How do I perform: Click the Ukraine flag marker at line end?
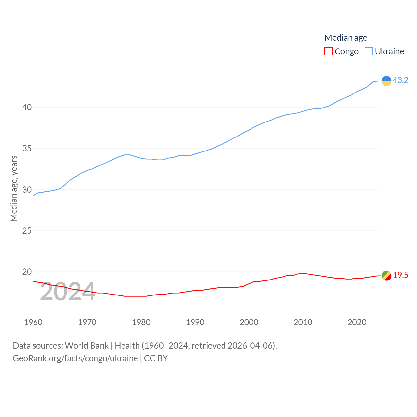(386, 81)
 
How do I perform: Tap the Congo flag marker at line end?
(386, 276)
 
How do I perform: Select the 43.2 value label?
(400, 80)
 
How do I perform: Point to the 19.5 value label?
(400, 275)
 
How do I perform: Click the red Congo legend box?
(329, 51)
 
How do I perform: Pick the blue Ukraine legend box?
(368, 51)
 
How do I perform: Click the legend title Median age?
(346, 38)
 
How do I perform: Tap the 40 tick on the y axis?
(27, 108)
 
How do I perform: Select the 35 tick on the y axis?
(27, 149)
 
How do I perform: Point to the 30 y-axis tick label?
(27, 190)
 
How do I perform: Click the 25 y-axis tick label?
(27, 231)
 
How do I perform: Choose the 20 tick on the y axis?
(27, 272)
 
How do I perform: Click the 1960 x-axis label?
(33, 322)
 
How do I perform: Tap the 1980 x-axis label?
(141, 322)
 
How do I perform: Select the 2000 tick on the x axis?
(249, 322)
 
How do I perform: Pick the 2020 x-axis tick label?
(357, 322)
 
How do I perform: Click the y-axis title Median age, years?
(14, 189)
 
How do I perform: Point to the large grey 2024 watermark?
(67, 292)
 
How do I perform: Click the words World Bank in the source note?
(87, 346)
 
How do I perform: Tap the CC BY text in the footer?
(156, 358)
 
